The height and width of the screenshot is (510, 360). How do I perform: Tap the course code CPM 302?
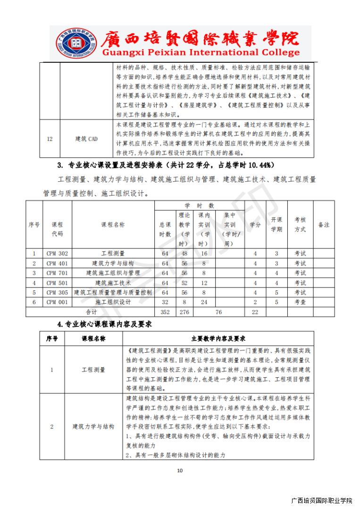point(57,254)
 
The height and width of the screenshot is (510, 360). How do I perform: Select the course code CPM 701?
point(57,273)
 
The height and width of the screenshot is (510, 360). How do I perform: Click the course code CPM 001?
point(57,302)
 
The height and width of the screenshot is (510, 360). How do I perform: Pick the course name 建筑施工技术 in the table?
point(113,283)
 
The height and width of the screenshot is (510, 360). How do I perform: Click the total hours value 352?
point(165,312)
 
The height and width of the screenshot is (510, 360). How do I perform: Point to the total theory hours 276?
point(184,312)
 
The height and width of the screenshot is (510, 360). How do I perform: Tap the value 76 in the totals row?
point(218,312)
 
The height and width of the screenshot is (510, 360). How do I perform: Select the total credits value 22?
point(255,312)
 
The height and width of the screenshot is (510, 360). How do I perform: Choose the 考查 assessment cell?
point(300,302)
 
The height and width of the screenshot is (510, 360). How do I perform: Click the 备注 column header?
point(324,225)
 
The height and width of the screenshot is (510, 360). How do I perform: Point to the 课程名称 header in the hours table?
point(113,225)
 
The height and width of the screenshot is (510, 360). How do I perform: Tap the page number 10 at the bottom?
point(179,470)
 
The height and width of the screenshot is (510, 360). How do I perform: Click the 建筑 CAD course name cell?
point(86,139)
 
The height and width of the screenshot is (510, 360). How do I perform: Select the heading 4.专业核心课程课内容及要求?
point(104,325)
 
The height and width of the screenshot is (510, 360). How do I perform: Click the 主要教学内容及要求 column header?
point(218,339)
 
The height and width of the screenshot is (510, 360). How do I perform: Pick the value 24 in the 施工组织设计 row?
point(204,302)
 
